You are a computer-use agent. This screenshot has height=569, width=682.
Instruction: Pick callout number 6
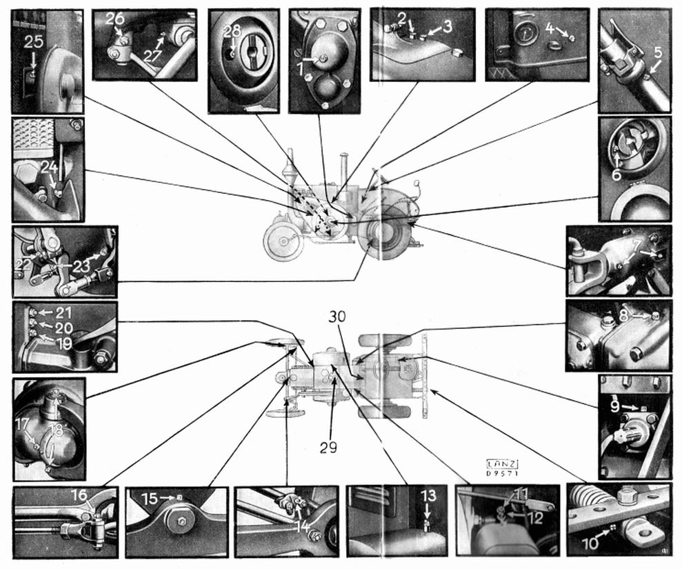coord(616,175)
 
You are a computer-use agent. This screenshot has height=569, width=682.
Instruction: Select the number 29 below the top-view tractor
coord(328,447)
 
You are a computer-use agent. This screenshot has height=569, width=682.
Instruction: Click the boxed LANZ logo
coord(503,463)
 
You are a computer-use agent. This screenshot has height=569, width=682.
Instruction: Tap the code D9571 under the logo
coord(503,474)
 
